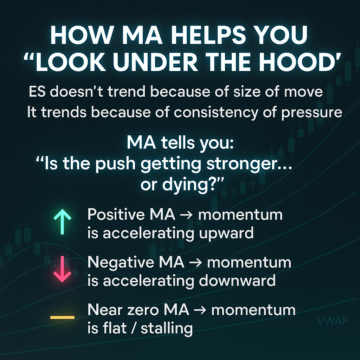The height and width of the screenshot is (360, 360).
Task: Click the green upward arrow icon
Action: pyautogui.click(x=62, y=221)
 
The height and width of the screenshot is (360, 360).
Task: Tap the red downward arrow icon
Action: pyautogui.click(x=62, y=269)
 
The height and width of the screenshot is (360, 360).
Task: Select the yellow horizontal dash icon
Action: pyautogui.click(x=63, y=317)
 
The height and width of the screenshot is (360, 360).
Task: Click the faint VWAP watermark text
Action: pyautogui.click(x=332, y=321)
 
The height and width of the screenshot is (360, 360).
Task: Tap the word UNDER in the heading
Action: pyautogui.click(x=155, y=62)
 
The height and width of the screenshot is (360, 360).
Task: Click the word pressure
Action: pyautogui.click(x=312, y=113)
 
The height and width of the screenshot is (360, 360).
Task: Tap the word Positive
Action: pyautogui.click(x=116, y=214)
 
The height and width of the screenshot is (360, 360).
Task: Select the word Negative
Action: pyautogui.click(x=121, y=262)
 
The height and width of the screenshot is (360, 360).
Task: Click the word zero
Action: pyautogui.click(x=143, y=310)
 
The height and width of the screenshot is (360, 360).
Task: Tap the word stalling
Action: pyautogui.click(x=167, y=328)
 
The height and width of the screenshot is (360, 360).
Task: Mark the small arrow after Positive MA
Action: pyautogui.click(x=186, y=215)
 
